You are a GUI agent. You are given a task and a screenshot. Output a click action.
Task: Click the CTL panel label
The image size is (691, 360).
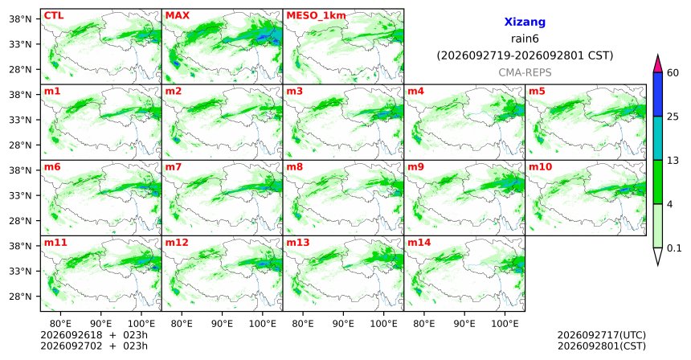click(x=54, y=16)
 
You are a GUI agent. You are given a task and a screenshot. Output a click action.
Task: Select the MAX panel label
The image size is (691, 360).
click(x=177, y=16)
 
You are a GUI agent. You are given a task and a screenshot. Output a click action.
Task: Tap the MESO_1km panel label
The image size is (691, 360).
click(x=316, y=16)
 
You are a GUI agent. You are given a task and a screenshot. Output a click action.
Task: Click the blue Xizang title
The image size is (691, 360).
click(x=525, y=22)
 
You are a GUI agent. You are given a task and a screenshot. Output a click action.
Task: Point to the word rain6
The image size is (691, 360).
click(x=525, y=39)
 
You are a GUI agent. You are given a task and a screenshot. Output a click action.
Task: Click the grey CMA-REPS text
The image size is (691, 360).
click(x=525, y=72)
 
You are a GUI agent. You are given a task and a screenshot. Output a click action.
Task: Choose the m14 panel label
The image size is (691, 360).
click(x=419, y=243)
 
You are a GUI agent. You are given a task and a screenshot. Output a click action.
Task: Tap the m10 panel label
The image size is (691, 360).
click(x=540, y=167)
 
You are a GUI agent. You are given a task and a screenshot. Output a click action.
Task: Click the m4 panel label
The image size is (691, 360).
click(x=416, y=92)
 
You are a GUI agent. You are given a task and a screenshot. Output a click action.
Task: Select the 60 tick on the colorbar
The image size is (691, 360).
click(x=673, y=72)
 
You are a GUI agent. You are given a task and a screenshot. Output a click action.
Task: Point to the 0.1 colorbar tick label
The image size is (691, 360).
click(x=674, y=248)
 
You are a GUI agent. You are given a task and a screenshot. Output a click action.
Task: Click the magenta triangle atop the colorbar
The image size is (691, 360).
click(x=658, y=64)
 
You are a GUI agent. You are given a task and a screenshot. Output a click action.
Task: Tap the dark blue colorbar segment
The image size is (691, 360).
click(x=658, y=94)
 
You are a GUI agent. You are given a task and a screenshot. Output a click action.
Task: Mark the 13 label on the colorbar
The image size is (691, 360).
click(x=673, y=161)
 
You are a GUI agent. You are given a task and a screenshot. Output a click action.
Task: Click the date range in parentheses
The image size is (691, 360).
click(x=525, y=56)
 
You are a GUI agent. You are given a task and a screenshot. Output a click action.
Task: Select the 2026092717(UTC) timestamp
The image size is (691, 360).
click(x=602, y=336)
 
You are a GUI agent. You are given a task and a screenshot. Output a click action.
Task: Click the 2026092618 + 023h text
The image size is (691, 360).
click(x=94, y=335)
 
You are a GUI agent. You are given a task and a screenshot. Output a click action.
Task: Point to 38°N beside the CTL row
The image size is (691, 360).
click(x=20, y=19)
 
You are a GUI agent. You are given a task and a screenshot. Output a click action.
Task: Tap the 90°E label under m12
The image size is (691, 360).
click(x=222, y=325)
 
